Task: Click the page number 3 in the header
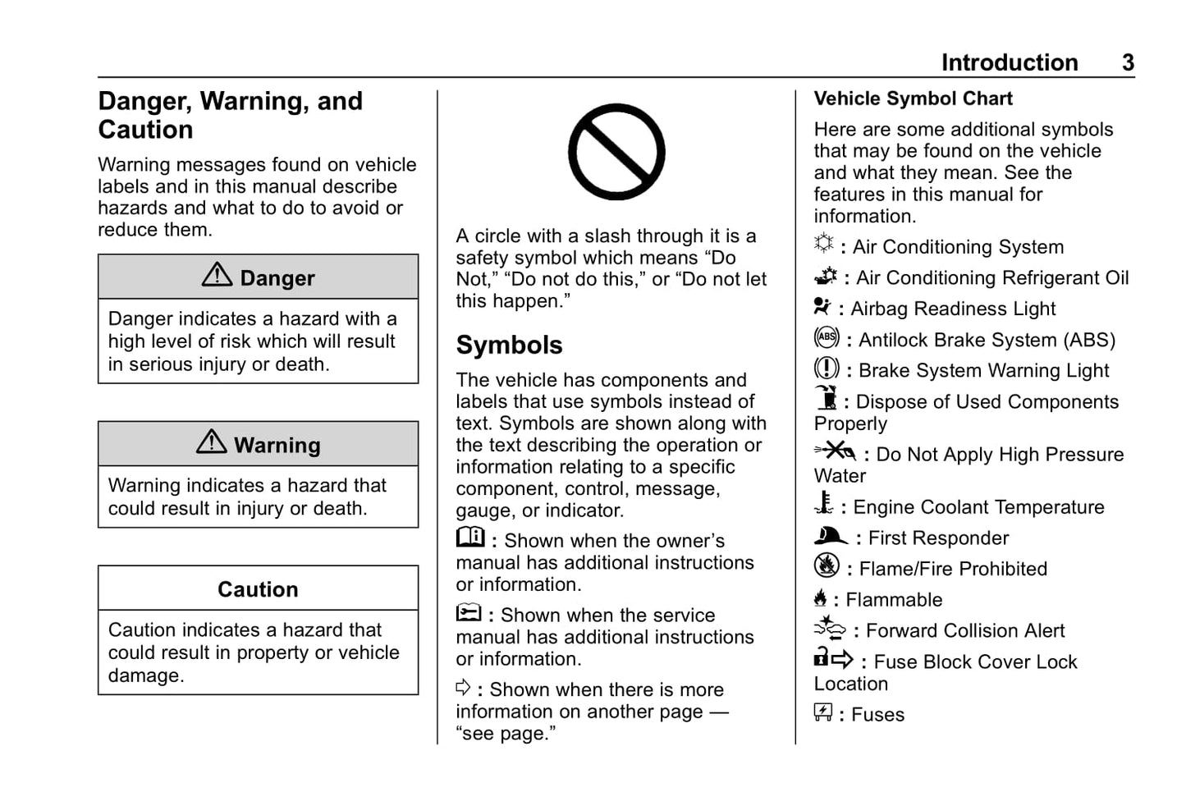(1128, 62)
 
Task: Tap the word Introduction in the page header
(1009, 62)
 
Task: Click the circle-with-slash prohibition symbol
(616, 152)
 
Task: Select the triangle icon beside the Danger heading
(217, 275)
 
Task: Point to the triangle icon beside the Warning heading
(212, 442)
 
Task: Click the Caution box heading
(258, 589)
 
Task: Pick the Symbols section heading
(509, 345)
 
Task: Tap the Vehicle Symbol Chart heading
(913, 98)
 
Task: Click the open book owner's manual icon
(470, 537)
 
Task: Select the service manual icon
(469, 612)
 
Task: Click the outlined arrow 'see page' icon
(464, 687)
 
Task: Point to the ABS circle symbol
(827, 336)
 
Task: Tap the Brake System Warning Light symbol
(827, 368)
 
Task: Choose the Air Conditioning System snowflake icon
(823, 243)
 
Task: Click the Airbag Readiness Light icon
(822, 306)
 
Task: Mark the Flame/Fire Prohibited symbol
(827, 565)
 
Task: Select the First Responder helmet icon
(830, 535)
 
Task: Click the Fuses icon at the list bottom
(823, 712)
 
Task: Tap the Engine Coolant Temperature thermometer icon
(824, 503)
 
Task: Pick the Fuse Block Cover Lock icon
(833, 658)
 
